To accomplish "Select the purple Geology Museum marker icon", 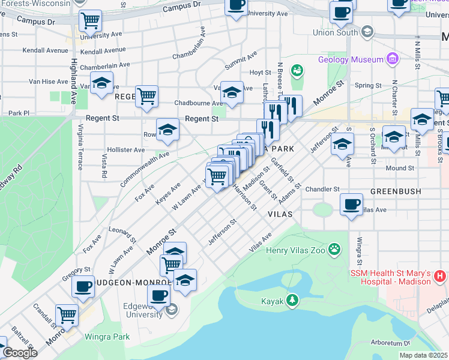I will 393,59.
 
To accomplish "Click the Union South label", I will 335,32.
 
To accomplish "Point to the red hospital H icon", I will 440,277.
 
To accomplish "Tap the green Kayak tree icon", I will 292,299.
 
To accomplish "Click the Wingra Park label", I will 107,337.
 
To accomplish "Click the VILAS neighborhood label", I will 280,214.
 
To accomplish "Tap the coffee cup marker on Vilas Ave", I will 351,203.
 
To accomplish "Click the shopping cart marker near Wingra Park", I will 67,314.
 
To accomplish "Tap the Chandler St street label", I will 322,190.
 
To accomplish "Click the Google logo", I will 19,353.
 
